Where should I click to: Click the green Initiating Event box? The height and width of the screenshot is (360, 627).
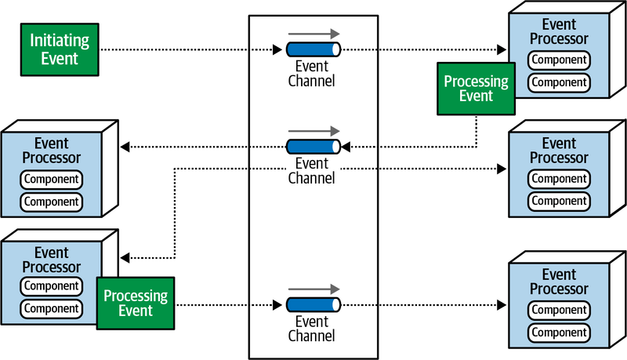[60, 49]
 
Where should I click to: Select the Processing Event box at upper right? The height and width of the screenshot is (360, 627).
[476, 88]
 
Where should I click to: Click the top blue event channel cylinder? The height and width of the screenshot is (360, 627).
[313, 49]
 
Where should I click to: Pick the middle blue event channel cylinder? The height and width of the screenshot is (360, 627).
[313, 146]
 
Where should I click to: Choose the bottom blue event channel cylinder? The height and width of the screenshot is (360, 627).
[313, 305]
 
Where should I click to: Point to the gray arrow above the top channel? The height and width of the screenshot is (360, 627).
[313, 34]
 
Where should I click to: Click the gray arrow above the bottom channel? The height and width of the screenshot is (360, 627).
[313, 289]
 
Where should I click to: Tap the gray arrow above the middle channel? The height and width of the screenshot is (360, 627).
[313, 130]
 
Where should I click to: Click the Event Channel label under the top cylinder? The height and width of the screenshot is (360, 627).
[311, 72]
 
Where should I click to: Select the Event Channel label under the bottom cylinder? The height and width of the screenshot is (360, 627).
[311, 328]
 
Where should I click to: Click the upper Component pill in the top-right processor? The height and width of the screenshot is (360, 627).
[559, 60]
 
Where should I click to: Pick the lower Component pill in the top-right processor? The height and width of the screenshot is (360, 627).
[559, 82]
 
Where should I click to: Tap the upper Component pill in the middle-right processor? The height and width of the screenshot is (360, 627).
[559, 179]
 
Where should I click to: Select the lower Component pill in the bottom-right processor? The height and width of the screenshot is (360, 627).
[559, 332]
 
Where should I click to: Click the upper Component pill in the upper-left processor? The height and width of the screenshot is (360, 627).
[51, 180]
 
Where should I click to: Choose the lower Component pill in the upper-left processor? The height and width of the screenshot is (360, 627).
[51, 202]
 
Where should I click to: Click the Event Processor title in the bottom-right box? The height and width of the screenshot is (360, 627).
[559, 282]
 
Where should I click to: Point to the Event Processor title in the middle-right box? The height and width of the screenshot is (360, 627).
[559, 151]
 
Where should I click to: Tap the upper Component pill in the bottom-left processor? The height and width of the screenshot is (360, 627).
[51, 286]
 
